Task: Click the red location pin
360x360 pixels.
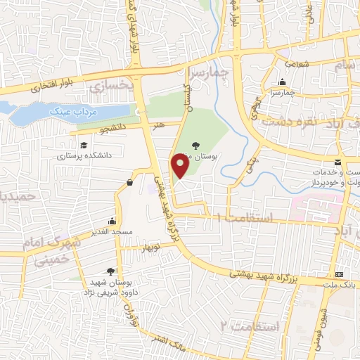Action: (x=180, y=166)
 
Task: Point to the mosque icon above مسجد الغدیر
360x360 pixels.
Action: (x=112, y=219)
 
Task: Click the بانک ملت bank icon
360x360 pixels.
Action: (x=340, y=274)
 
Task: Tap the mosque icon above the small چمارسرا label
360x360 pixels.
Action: (x=283, y=82)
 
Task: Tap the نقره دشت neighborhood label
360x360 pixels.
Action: (x=288, y=120)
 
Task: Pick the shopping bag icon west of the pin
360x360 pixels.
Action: (x=130, y=183)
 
